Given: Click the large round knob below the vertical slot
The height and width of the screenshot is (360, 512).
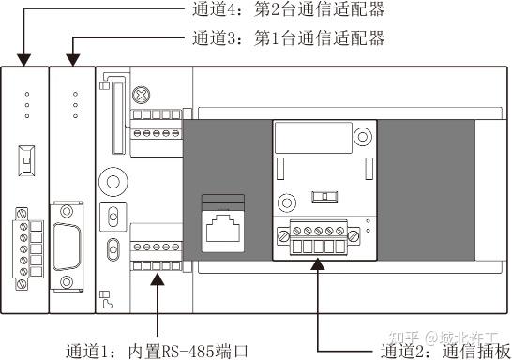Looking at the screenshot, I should coord(113,181).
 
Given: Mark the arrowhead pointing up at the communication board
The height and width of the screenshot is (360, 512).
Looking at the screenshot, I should coord(321,266).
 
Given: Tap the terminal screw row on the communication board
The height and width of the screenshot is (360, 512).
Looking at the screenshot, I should coord(320,231).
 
